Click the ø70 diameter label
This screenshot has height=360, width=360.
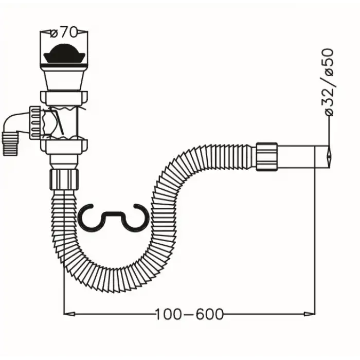(x=64, y=32)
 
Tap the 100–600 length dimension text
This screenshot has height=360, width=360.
(x=189, y=314)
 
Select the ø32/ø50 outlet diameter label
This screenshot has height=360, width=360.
(x=328, y=82)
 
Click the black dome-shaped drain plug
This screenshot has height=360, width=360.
(x=64, y=53)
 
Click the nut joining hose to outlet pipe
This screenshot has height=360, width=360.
(x=267, y=157)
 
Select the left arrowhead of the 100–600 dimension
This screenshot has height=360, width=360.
(x=69, y=314)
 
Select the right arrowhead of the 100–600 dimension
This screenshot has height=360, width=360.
(x=310, y=314)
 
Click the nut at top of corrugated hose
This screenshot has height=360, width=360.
(x=64, y=179)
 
